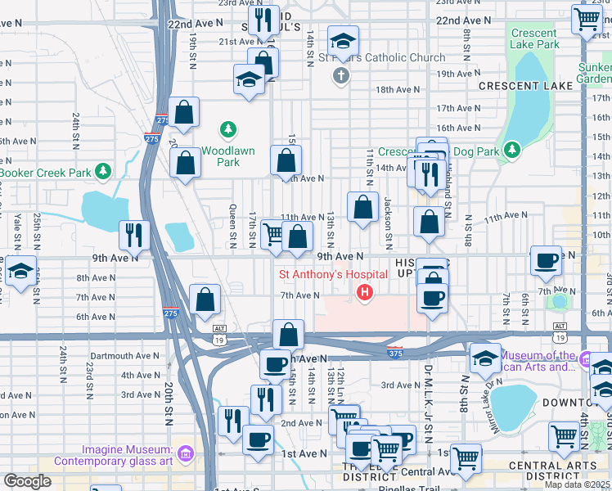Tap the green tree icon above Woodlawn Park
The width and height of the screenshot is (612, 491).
tap(227, 129)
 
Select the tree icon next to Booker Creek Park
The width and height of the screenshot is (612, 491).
tap(103, 171)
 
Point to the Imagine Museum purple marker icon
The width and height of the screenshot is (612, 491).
tap(186, 453)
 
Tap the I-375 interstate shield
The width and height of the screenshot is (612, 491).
tap(394, 350)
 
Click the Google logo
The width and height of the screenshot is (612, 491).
tap(27, 481)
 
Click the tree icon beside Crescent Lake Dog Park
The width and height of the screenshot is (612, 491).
tap(512, 149)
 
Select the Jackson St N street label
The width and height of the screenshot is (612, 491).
tap(388, 222)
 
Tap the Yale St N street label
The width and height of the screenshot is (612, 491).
tap(16, 231)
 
